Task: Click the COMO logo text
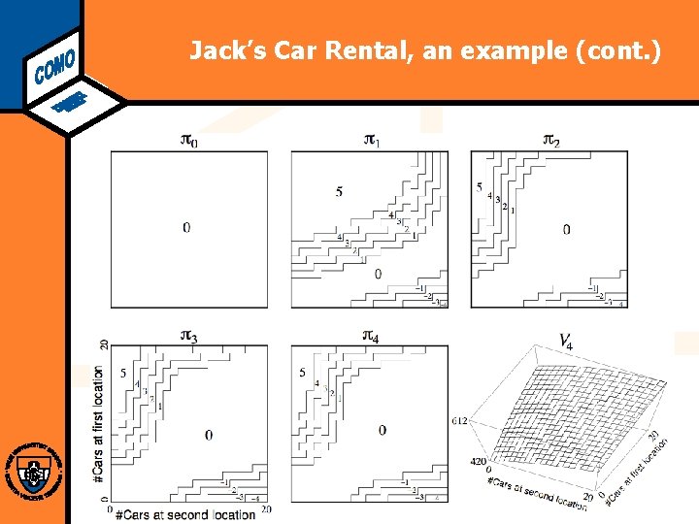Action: click(55, 62)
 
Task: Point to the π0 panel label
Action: click(189, 141)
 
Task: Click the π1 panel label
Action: click(371, 141)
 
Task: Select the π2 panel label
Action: click(550, 141)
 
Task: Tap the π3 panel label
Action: click(189, 336)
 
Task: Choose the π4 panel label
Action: click(371, 336)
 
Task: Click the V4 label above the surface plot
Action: click(564, 341)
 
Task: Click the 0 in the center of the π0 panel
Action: click(186, 227)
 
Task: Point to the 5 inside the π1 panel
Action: click(339, 191)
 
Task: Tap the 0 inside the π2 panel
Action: click(566, 230)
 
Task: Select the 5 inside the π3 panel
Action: click(123, 373)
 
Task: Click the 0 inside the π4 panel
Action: click(383, 430)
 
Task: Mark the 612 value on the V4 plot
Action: click(461, 420)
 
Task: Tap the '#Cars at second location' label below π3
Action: click(184, 513)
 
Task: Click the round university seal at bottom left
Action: click(34, 473)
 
